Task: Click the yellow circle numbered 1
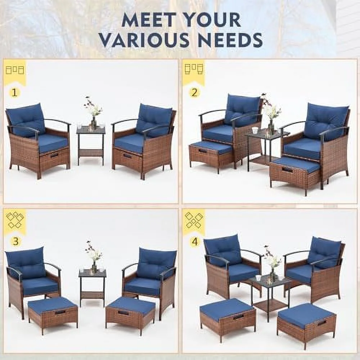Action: (14, 92)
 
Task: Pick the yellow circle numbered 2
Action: (194, 92)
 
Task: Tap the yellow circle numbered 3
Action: (15, 241)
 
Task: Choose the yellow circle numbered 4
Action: (195, 241)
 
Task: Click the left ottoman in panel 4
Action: (227, 315)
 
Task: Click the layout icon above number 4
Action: (194, 220)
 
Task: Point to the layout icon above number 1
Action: (15, 70)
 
